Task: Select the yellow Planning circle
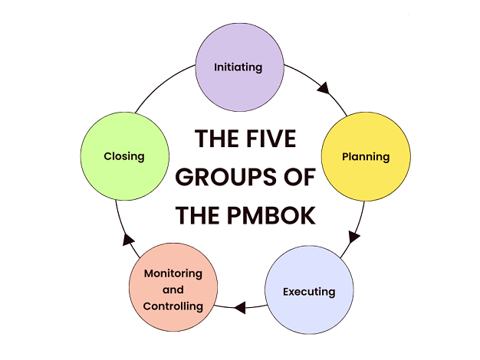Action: [x=365, y=156]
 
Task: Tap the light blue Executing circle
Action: [x=309, y=291]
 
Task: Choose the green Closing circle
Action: [x=124, y=156]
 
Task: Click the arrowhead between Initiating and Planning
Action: [x=324, y=89]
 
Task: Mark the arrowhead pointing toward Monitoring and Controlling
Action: [x=240, y=309]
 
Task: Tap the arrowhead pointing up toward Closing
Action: [x=128, y=240]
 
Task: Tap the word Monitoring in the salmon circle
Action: [x=173, y=273]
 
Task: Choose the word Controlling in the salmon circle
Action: [x=173, y=306]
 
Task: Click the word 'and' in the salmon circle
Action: [x=173, y=290]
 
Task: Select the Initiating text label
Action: [x=238, y=67]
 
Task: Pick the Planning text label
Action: [x=366, y=157]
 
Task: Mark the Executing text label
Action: [x=309, y=292]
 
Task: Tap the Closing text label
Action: [x=124, y=156]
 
